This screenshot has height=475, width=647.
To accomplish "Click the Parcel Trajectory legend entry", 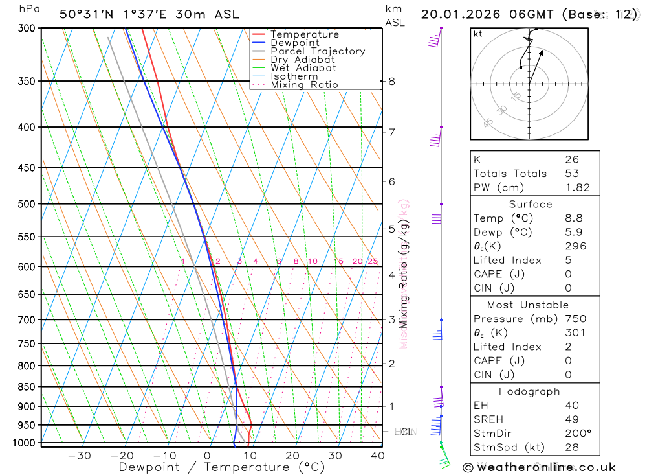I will (317, 51).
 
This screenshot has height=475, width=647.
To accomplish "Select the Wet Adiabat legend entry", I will (303, 68).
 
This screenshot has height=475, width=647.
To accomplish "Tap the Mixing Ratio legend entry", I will (303, 85).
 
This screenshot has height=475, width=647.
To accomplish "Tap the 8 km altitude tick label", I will (392, 82).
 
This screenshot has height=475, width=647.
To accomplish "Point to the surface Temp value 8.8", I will (573, 218).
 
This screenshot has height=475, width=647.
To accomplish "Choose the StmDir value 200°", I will (578, 434).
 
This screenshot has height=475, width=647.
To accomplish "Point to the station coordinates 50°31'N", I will (85, 14).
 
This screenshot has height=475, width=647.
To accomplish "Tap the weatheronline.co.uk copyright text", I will (540, 467).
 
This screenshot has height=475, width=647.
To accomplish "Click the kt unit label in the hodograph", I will (478, 34).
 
